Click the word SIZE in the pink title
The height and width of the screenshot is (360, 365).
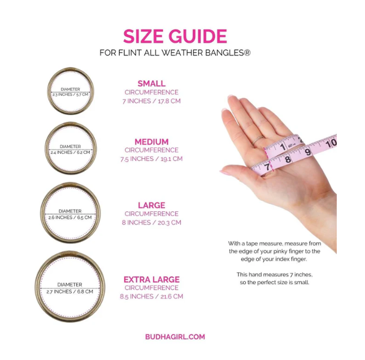click(x=143, y=36)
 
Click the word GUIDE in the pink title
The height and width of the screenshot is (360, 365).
click(x=198, y=36)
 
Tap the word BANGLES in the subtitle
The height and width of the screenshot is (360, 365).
click(x=224, y=53)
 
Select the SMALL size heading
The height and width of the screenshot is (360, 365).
click(x=151, y=84)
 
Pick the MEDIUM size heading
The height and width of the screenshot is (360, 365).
click(x=151, y=142)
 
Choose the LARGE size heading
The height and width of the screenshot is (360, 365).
click(x=151, y=205)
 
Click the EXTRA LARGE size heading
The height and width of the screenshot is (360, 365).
click(x=151, y=279)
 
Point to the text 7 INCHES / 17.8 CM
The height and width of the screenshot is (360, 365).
click(x=151, y=101)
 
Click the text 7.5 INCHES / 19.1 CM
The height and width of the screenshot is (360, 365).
click(x=151, y=159)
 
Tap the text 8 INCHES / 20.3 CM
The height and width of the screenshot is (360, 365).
click(x=151, y=223)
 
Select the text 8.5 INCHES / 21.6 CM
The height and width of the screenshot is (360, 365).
click(x=151, y=297)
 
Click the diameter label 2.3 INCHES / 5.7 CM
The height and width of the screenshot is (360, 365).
click(x=70, y=94)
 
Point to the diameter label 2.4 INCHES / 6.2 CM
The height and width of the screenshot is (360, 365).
click(x=70, y=152)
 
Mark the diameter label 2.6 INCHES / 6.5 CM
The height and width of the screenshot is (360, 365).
click(x=70, y=218)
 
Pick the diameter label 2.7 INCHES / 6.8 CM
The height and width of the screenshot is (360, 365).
click(x=70, y=292)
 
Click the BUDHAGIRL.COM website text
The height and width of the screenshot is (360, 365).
click(x=175, y=337)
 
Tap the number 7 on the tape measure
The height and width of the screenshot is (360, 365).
click(x=267, y=167)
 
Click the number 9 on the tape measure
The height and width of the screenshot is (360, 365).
click(x=308, y=152)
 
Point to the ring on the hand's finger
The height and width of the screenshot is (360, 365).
click(x=258, y=140)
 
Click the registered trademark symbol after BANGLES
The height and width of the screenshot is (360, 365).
click(x=247, y=53)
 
